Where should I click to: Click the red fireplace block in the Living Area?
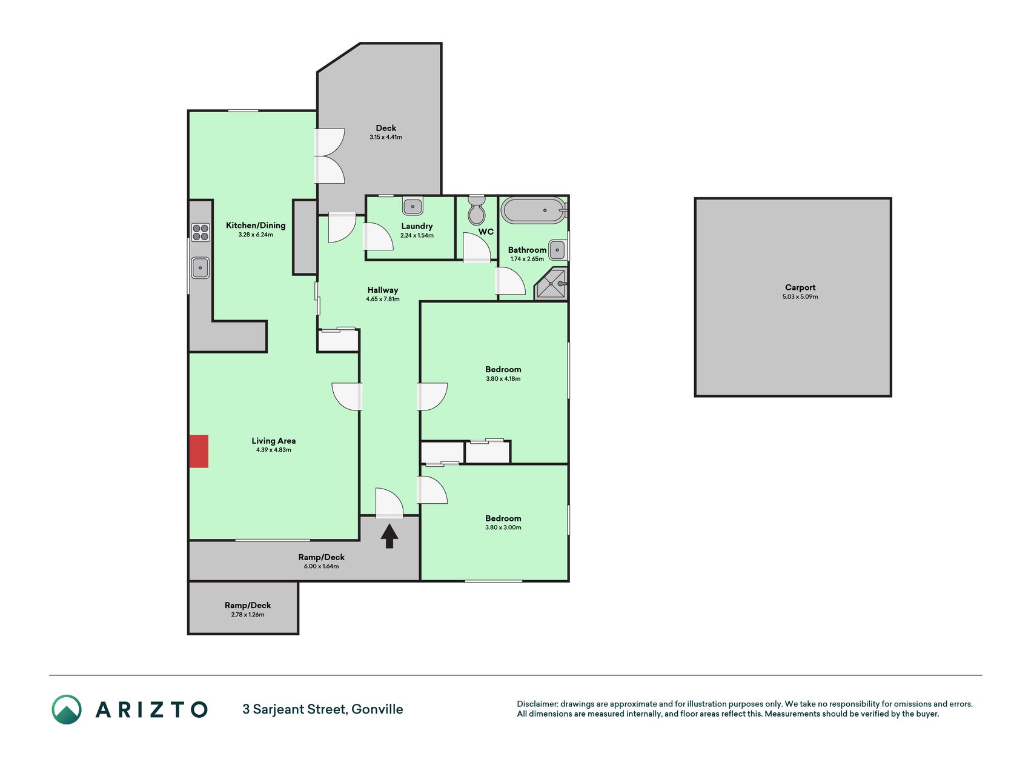click(x=199, y=451)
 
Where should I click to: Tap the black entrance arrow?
click(x=389, y=536)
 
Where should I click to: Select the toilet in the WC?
click(x=477, y=210)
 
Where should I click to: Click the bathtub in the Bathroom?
click(x=534, y=210)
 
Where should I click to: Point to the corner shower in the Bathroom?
click(x=551, y=284)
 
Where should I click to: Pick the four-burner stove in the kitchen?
click(x=201, y=232)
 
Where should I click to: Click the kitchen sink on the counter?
click(x=200, y=267)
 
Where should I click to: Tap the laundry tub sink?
click(x=413, y=206)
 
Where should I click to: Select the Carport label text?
click(x=800, y=287)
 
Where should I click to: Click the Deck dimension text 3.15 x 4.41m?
click(x=386, y=137)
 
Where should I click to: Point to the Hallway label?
click(x=383, y=290)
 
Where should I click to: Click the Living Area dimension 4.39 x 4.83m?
click(x=274, y=450)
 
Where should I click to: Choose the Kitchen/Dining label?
click(x=256, y=226)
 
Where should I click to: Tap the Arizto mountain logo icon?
click(x=66, y=709)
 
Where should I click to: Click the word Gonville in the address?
click(x=377, y=709)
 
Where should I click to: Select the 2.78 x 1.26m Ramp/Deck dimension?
click(x=248, y=615)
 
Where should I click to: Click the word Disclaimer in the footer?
click(x=537, y=704)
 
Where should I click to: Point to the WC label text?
click(x=486, y=232)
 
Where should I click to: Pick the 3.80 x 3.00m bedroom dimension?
click(x=503, y=527)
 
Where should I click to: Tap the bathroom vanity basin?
click(x=558, y=249)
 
